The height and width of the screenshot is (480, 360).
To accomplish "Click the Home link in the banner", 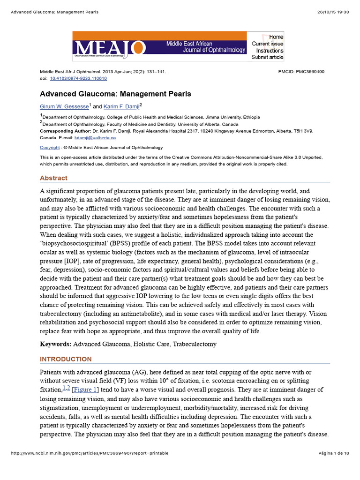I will pyautogui.click(x=276, y=37).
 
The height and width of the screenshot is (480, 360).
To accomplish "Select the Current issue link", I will pyautogui.click(x=267, y=44).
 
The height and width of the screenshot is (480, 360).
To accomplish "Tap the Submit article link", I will pyautogui.click(x=267, y=57).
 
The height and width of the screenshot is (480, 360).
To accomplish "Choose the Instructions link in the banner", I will pyautogui.click(x=270, y=51).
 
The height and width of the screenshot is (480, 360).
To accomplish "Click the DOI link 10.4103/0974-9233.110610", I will pyautogui.click(x=78, y=78).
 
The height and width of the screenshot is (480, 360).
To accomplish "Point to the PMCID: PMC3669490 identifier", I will pyautogui.click(x=301, y=72).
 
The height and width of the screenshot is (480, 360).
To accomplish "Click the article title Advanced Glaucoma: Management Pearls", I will pyautogui.click(x=115, y=94).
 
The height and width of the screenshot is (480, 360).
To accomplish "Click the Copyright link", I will pyautogui.click(x=50, y=148).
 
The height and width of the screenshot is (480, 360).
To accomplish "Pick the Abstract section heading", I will pyautogui.click(x=53, y=178).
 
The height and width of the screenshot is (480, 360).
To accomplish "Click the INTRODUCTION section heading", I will pyautogui.click(x=66, y=359).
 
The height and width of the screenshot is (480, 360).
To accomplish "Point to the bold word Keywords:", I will pyautogui.click(x=55, y=344).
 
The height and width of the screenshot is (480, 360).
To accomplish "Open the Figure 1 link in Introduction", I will pyautogui.click(x=85, y=390).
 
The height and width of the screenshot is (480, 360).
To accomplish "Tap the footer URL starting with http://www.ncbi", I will pyautogui.click(x=89, y=453).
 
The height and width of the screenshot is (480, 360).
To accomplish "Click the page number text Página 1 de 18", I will pyautogui.click(x=333, y=453).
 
